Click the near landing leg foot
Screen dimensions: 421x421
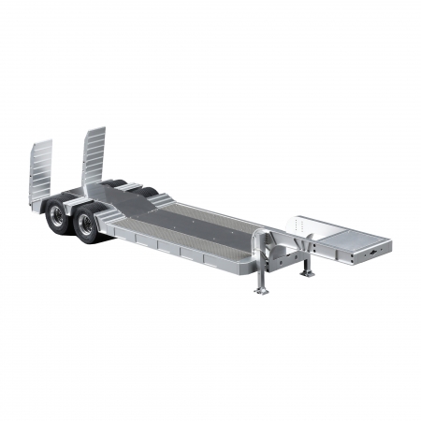coord(261,291)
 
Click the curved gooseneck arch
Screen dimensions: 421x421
coord(281,245)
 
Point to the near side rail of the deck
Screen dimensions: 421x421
coord(178,249)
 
